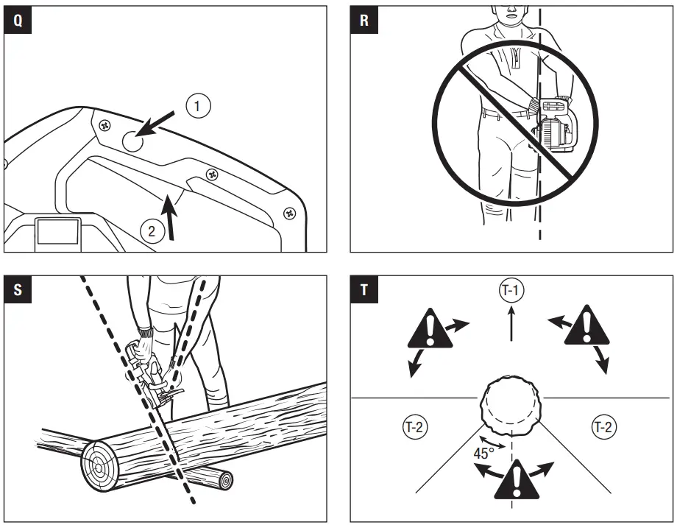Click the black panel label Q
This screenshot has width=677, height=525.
18,21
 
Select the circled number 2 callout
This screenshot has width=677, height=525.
152,231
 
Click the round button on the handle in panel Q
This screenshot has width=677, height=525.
132,142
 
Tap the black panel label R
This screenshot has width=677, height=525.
364,21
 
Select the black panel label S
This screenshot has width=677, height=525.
18,289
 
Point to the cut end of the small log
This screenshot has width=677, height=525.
224,481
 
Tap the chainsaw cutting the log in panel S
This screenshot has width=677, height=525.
151,376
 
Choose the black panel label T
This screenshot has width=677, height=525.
364,289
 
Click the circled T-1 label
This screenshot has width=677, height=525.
511,291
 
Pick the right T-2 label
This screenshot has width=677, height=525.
605,426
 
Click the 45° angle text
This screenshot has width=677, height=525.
483,454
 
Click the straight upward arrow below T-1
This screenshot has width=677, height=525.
511,324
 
